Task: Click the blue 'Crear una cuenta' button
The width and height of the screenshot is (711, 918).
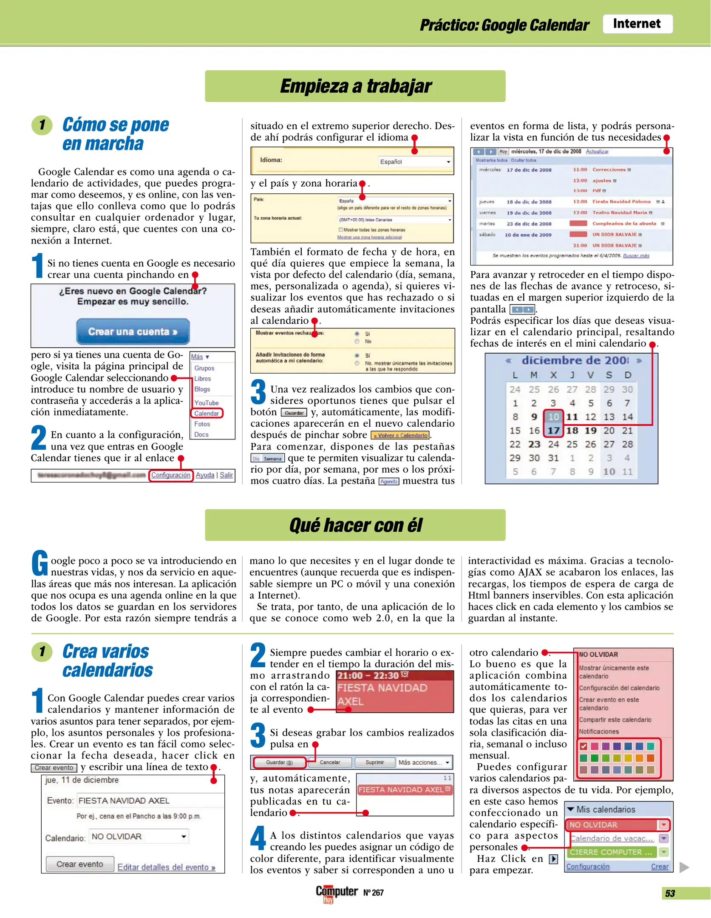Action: [x=133, y=331]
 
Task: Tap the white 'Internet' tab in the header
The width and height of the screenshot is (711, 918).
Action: [x=637, y=24]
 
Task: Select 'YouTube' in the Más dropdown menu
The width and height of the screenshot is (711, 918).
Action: [x=206, y=402]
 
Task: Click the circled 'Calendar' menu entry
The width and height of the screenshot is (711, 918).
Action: [x=207, y=413]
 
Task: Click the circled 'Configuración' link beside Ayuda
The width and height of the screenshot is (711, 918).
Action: [x=170, y=475]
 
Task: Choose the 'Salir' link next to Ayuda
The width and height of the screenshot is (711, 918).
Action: [x=226, y=475]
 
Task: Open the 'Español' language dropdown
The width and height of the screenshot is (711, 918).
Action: [x=415, y=161]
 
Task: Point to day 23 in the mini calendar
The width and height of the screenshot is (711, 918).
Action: [x=534, y=444]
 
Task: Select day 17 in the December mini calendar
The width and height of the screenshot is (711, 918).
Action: [x=553, y=431]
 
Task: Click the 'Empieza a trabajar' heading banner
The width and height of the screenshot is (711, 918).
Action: [x=355, y=86]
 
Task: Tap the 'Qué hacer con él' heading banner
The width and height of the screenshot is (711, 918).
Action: [x=355, y=525]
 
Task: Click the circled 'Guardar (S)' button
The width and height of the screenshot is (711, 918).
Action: [x=279, y=762]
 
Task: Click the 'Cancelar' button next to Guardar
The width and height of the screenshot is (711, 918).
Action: [x=330, y=762]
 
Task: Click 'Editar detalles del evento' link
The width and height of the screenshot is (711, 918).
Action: [x=166, y=867]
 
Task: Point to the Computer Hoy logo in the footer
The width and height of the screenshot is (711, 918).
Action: [x=336, y=892]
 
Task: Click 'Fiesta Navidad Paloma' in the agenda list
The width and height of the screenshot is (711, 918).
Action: [x=621, y=201]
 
